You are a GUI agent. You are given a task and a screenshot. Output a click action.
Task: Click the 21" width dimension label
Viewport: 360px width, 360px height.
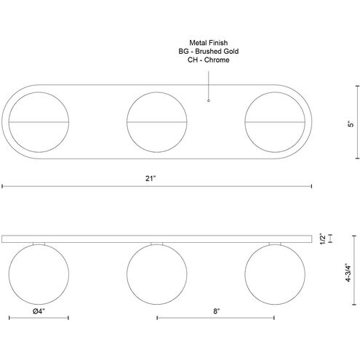(x=151, y=178)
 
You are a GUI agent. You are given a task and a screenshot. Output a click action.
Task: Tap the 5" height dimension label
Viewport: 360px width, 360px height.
(x=351, y=124)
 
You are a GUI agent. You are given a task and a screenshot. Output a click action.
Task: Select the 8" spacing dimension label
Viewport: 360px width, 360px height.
(x=216, y=311)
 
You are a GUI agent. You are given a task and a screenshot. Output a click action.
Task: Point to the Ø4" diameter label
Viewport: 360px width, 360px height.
(x=39, y=311)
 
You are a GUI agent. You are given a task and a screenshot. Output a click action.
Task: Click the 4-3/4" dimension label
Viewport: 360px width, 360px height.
(x=348, y=272)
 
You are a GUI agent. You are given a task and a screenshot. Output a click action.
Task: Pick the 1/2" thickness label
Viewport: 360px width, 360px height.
(x=323, y=239)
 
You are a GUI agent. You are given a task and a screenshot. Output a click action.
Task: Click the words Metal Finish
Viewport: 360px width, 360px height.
(x=209, y=43)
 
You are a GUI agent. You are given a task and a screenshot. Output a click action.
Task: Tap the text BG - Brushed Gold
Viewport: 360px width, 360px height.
(x=209, y=51)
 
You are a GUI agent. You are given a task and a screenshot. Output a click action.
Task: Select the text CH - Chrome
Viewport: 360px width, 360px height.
(x=209, y=60)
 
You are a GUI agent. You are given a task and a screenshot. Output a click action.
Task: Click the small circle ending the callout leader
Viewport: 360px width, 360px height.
(x=209, y=100)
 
